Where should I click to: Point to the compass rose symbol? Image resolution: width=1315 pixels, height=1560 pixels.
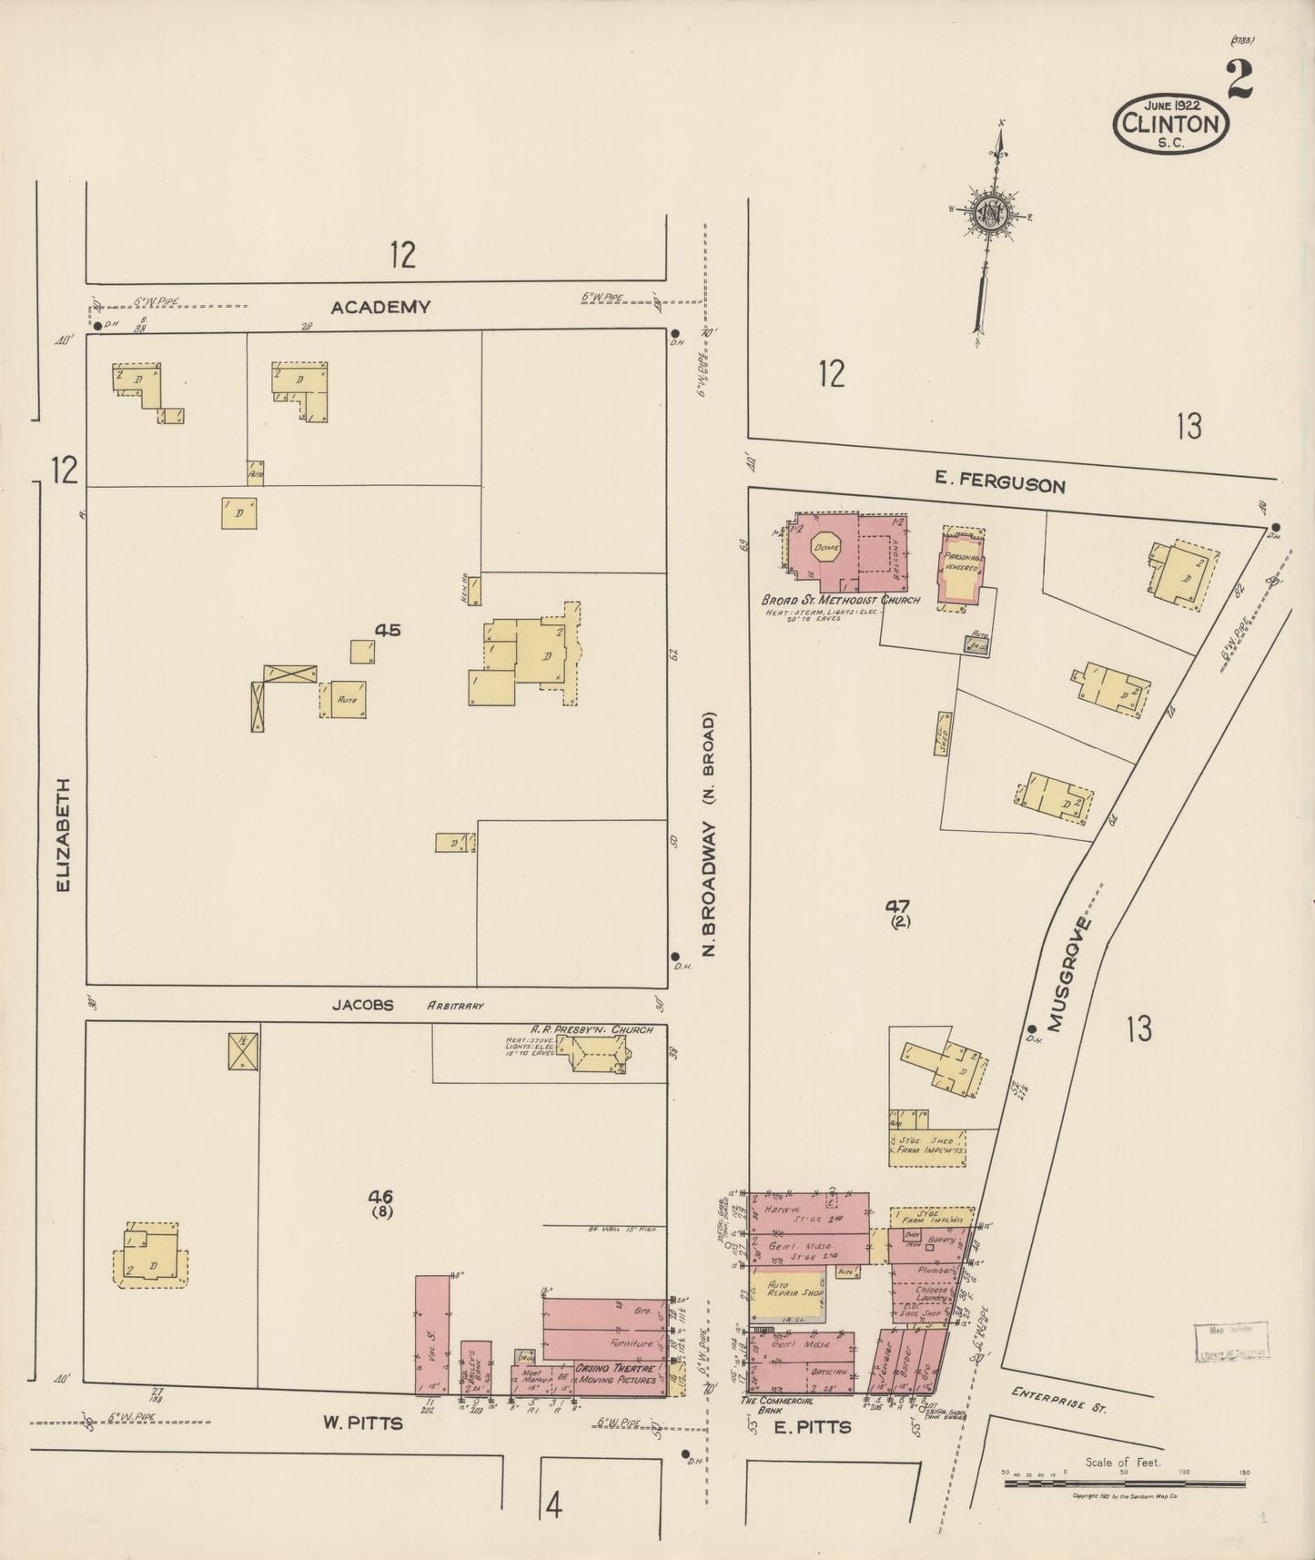(x=989, y=215)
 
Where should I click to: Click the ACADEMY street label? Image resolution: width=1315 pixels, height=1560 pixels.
(x=379, y=308)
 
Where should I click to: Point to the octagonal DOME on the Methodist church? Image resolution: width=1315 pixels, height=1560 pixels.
(x=826, y=548)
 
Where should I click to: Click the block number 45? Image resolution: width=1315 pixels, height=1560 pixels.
(x=388, y=630)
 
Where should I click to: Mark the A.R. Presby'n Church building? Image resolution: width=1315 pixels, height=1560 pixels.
(x=596, y=1055)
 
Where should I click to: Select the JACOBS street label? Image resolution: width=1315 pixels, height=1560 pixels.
(x=362, y=1006)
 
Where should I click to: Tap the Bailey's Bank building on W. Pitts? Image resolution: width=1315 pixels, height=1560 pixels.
(x=476, y=1367)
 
